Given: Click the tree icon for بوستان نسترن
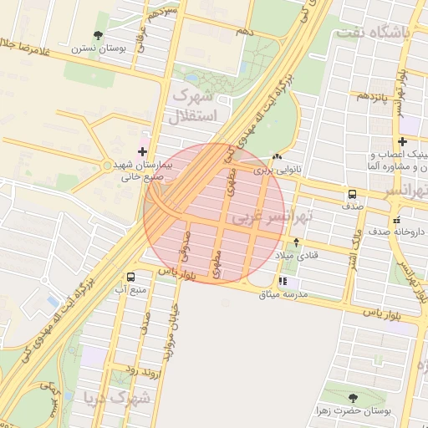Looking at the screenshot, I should point(99,36).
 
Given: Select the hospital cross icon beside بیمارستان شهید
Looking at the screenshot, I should point(142,152).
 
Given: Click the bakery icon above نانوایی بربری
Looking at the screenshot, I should point(277,156).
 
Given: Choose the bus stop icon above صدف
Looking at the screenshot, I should point(352,193).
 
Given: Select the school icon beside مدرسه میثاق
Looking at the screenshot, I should point(283,282).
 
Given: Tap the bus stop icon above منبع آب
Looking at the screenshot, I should point(130,277).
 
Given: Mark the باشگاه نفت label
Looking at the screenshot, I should point(371,33).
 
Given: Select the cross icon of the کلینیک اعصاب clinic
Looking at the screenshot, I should point(403,142).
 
